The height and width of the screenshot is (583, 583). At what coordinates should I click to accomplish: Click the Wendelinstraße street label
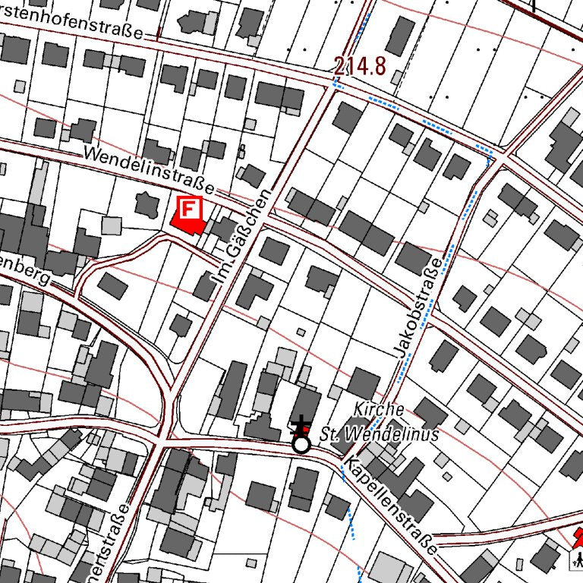tap(149, 169)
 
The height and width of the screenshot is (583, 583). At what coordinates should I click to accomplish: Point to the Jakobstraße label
tap(418, 307)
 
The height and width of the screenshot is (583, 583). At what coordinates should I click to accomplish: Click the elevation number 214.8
tap(359, 65)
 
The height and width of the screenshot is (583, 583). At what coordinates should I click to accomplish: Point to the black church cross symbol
tap(302, 426)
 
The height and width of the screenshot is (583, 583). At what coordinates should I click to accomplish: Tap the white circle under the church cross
tap(301, 444)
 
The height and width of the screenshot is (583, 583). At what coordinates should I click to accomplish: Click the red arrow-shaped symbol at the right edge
tap(578, 538)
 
